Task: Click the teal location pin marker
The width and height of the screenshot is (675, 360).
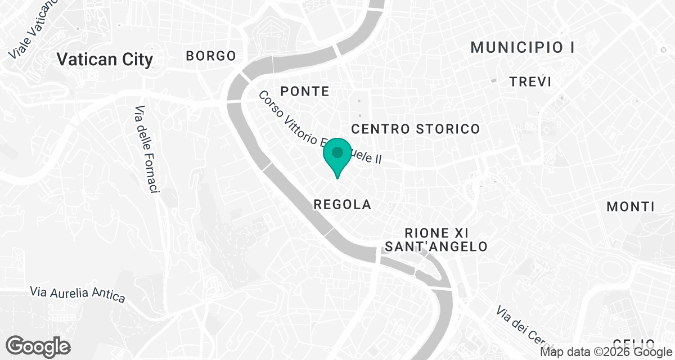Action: (x=337, y=156)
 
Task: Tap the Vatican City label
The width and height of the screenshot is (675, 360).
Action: (x=105, y=59)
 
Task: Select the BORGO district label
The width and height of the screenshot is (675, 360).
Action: (x=211, y=56)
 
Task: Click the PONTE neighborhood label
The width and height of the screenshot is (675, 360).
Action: (x=304, y=91)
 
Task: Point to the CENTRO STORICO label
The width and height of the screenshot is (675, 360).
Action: (x=416, y=129)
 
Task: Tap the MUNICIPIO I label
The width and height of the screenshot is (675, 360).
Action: (x=522, y=47)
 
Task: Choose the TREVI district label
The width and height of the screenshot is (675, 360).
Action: (x=530, y=82)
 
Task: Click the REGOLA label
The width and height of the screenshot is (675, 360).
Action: (x=342, y=205)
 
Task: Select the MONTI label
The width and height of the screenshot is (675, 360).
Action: (x=631, y=206)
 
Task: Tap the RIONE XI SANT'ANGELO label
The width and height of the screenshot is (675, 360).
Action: (x=436, y=240)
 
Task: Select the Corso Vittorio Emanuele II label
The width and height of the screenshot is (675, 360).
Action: (x=319, y=128)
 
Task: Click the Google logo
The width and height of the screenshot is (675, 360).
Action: (x=38, y=346)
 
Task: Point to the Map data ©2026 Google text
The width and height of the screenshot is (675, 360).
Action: (x=606, y=353)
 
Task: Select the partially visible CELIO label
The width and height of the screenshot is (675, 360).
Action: (x=633, y=343)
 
